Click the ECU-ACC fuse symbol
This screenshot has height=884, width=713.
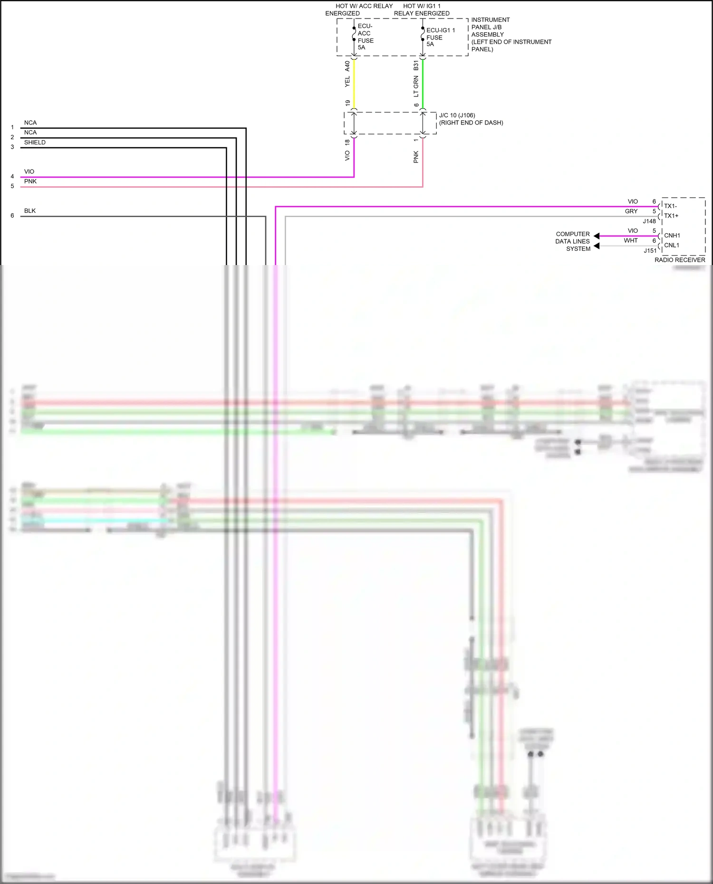click(354, 34)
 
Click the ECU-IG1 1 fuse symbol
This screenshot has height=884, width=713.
click(423, 34)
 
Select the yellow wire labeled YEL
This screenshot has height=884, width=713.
click(354, 84)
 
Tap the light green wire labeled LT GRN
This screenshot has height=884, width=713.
click(423, 84)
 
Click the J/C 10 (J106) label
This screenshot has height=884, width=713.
click(457, 115)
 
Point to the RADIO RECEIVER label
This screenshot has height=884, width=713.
click(680, 260)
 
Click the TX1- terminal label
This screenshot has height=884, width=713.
click(670, 206)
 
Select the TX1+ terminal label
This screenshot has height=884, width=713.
click(671, 216)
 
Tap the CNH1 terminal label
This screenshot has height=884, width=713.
click(672, 236)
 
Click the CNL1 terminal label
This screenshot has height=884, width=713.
click(671, 245)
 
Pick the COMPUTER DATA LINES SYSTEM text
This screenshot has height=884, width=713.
click(573, 241)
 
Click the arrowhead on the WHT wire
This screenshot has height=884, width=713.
click(597, 246)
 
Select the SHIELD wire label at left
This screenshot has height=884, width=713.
click(35, 143)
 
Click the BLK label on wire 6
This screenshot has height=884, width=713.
click(30, 211)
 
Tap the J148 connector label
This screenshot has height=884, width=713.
click(649, 221)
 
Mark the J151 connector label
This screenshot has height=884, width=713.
click(650, 251)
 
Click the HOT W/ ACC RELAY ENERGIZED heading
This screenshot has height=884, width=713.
click(359, 10)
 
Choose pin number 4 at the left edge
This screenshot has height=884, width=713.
click(12, 177)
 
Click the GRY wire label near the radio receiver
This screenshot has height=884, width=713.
click(631, 211)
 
